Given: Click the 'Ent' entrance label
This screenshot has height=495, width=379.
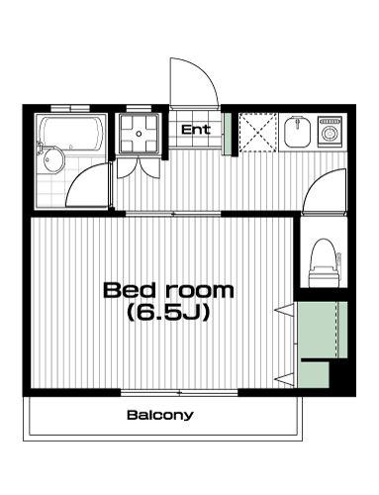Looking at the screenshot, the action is [195, 130].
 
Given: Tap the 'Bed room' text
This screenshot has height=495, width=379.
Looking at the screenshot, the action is [168, 290].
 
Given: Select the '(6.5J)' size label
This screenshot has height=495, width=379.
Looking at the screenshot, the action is [168, 313].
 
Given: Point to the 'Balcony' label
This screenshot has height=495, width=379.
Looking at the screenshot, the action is [160, 415].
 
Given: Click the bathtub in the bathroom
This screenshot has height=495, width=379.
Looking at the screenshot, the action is [71, 134].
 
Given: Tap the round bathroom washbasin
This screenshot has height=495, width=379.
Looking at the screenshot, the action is [51, 160].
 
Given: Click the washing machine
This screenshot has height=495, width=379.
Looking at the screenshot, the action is [329, 132].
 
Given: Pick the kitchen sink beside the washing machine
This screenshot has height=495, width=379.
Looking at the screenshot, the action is [297, 132].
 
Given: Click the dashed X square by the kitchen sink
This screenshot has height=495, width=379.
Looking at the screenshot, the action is [258, 132].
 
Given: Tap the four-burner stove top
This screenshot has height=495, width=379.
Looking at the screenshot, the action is [139, 134].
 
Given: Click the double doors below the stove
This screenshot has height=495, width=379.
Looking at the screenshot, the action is [139, 167].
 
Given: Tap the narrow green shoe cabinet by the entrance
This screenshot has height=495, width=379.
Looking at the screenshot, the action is [227, 134].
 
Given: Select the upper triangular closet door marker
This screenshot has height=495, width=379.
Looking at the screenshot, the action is [284, 311].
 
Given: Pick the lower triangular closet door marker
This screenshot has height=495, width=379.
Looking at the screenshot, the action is [284, 379].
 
